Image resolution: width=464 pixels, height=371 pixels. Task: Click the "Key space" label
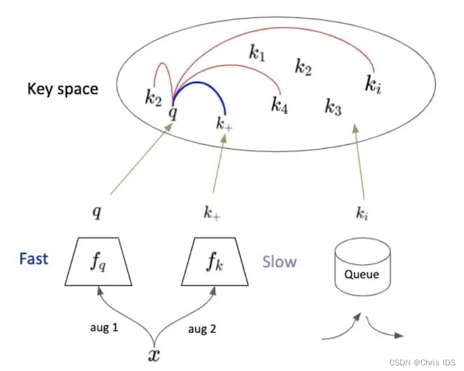(62, 89)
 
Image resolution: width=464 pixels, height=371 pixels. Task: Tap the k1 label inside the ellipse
(257, 54)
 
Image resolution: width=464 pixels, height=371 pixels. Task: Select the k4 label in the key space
(279, 105)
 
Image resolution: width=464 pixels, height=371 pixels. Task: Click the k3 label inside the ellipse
(333, 106)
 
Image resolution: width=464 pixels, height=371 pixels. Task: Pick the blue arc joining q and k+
(201, 85)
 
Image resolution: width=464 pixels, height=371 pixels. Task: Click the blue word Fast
(33, 259)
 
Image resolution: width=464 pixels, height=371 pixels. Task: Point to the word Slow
(280, 262)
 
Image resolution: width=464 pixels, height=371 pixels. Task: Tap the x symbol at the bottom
(153, 354)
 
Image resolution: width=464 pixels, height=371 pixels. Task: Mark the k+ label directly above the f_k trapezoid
(213, 213)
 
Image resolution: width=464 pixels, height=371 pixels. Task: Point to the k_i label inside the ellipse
(372, 85)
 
